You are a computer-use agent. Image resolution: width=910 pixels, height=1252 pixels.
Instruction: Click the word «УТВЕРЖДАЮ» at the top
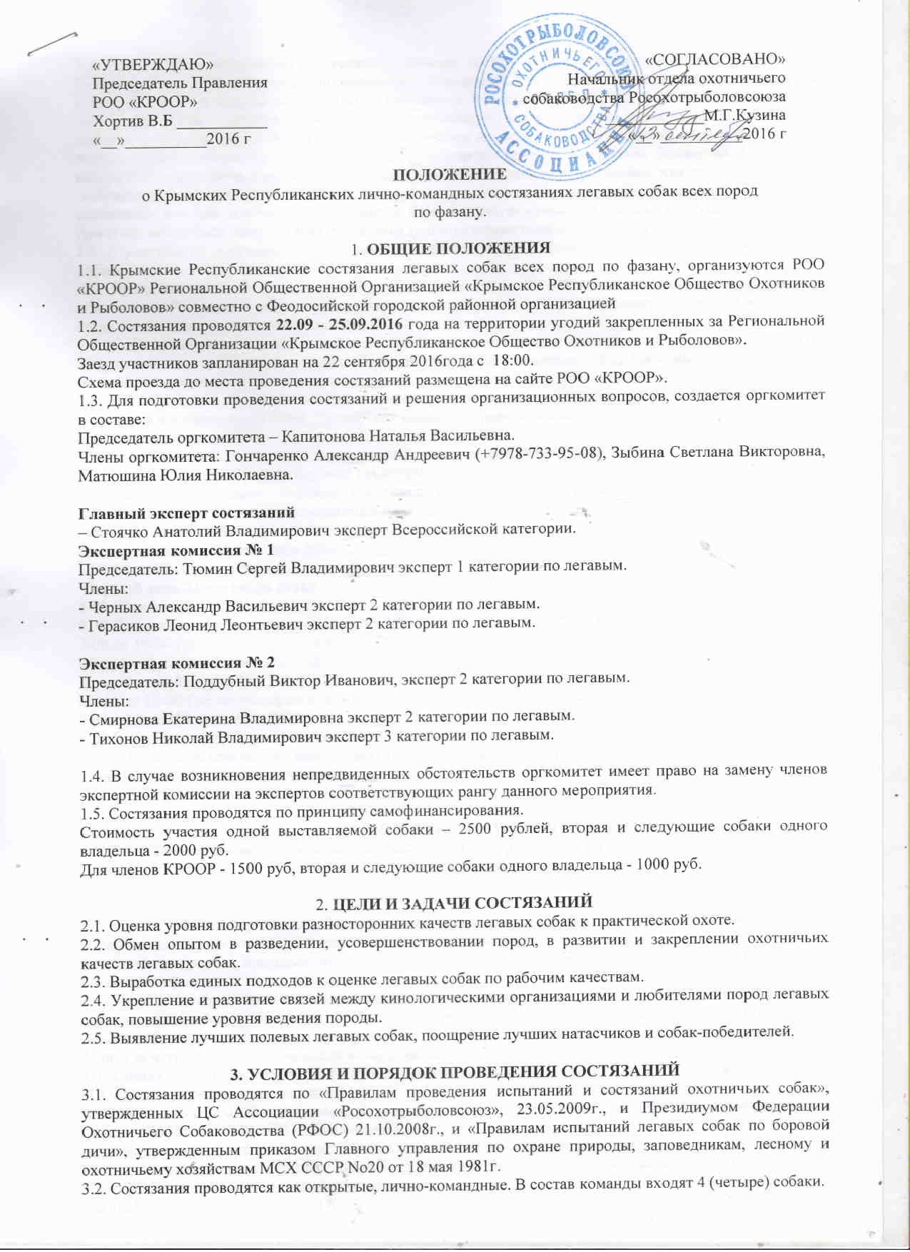click(x=153, y=64)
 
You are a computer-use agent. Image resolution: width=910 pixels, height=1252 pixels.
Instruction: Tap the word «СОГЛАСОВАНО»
click(x=715, y=59)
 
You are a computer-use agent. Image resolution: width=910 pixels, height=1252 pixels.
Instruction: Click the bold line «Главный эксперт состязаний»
click(x=186, y=512)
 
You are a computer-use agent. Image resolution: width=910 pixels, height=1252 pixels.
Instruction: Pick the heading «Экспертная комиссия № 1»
click(x=176, y=550)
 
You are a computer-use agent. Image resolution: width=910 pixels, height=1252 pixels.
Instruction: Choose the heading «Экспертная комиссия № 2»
click(x=176, y=662)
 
